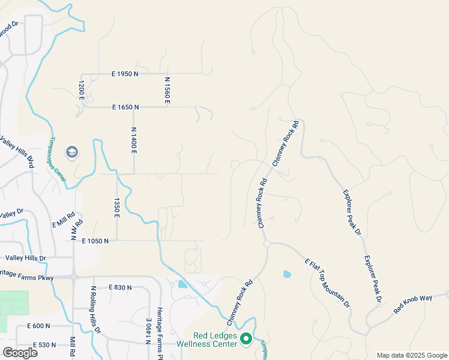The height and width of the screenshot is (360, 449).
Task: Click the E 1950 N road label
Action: [125, 74]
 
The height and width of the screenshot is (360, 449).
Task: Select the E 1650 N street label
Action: [125, 107]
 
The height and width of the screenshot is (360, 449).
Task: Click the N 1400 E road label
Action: [134, 141]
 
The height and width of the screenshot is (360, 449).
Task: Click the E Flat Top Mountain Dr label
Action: [328, 283]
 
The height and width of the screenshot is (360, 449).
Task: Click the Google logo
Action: [20, 353]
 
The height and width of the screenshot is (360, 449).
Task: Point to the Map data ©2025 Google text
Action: [411, 355]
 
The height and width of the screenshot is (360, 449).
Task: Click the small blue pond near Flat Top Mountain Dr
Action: [287, 275]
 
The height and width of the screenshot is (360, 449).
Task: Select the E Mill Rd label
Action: [64, 220]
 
